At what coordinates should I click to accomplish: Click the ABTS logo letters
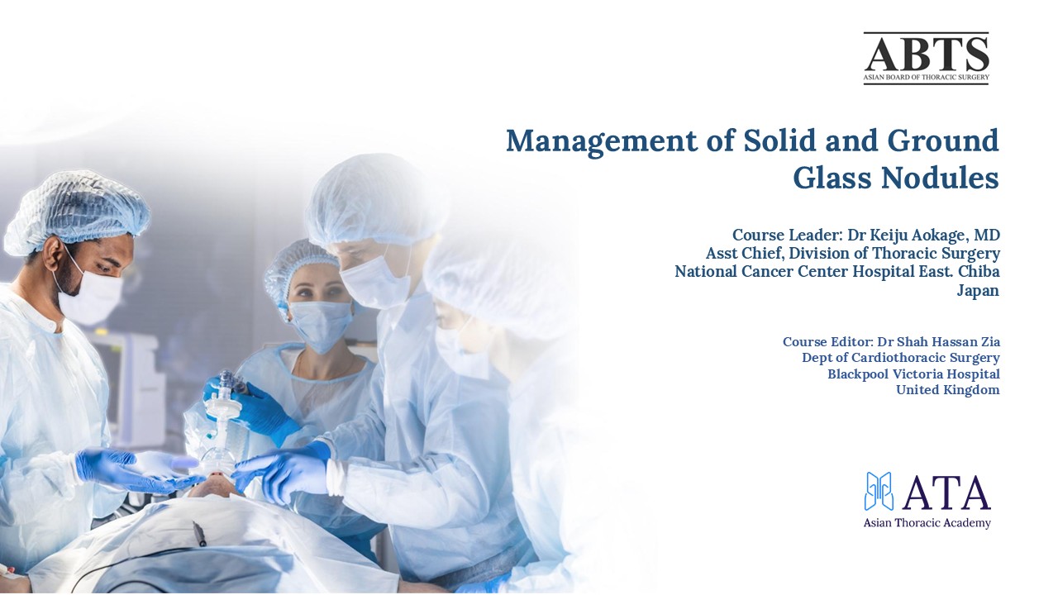(x=927, y=54)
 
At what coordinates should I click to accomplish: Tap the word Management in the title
(x=602, y=141)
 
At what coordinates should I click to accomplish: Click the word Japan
(x=978, y=290)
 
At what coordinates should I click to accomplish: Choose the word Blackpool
(x=858, y=374)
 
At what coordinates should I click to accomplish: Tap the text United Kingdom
(x=948, y=390)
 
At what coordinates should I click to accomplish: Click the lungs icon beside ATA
(x=879, y=492)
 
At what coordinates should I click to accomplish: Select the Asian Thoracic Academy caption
(x=927, y=523)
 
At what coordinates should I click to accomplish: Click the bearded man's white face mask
(x=91, y=293)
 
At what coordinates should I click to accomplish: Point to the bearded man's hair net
(x=75, y=212)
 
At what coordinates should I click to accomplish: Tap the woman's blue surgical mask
(x=321, y=325)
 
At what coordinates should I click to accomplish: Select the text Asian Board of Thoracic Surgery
(x=927, y=77)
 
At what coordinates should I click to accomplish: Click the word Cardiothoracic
(x=914, y=358)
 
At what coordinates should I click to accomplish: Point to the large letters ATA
(x=946, y=493)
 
